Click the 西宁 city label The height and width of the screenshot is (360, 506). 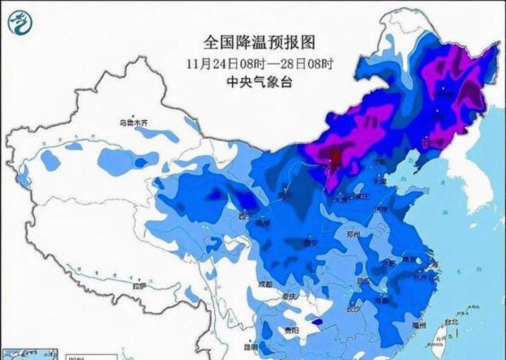pyautogui.click(x=247, y=215)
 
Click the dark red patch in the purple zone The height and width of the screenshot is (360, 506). pyautogui.click(x=334, y=158)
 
